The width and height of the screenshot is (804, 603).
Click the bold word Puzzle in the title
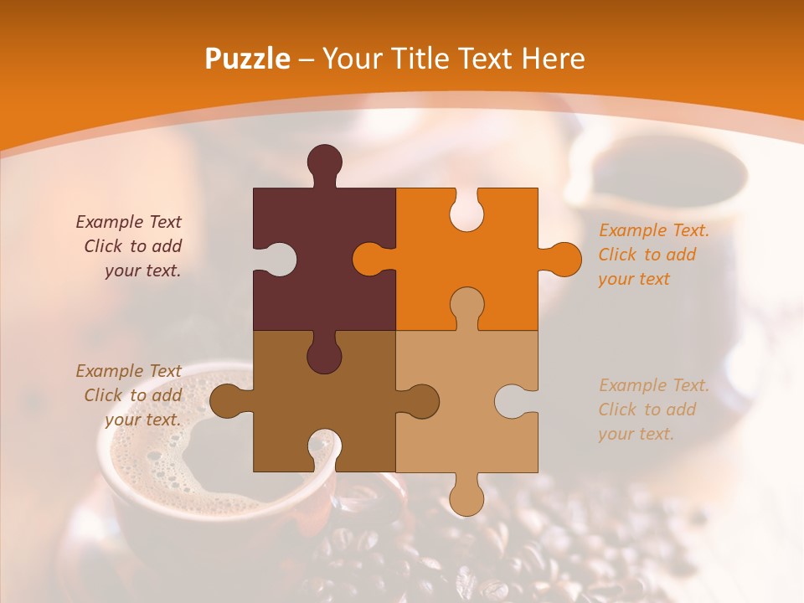(x=248, y=59)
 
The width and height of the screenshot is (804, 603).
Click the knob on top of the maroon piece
(x=324, y=164)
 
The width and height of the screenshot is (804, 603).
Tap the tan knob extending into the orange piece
(x=466, y=307)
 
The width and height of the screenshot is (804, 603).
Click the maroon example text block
(x=130, y=246)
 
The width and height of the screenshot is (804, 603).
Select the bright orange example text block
(x=653, y=255)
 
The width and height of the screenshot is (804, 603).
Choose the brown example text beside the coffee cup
(x=130, y=395)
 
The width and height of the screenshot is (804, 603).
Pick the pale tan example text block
(x=653, y=410)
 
